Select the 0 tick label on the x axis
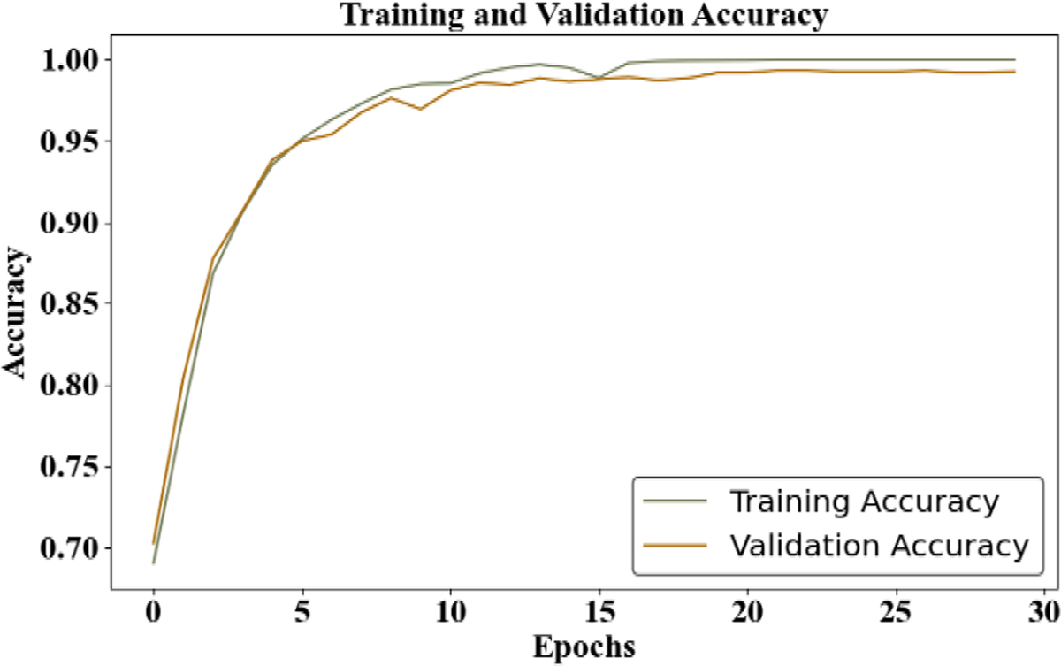(x=154, y=613)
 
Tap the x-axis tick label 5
(x=302, y=613)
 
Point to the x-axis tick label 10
(x=451, y=613)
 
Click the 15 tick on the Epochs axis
(x=600, y=613)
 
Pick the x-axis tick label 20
(x=749, y=613)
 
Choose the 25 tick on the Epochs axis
(x=897, y=613)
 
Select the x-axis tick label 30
(x=1046, y=613)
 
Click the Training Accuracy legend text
(x=864, y=502)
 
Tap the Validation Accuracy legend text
(x=880, y=545)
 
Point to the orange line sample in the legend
(x=676, y=546)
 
